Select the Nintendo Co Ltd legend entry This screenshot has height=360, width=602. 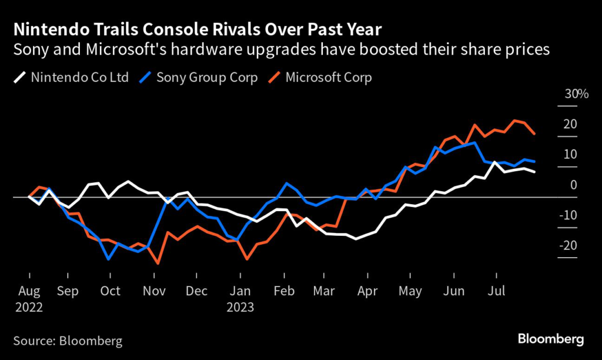(71, 78)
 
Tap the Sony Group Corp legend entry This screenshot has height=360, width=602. (199, 78)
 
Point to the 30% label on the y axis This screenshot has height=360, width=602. (568, 94)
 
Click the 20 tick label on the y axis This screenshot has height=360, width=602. (569, 124)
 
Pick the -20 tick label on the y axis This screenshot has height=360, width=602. (567, 245)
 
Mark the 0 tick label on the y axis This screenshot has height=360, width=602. (573, 185)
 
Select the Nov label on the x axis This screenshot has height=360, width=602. (155, 291)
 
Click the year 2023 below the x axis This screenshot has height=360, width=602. (241, 307)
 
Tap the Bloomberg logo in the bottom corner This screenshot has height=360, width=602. (550, 339)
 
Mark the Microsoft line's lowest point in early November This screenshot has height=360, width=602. (158, 263)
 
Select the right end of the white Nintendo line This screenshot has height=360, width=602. (534, 172)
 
